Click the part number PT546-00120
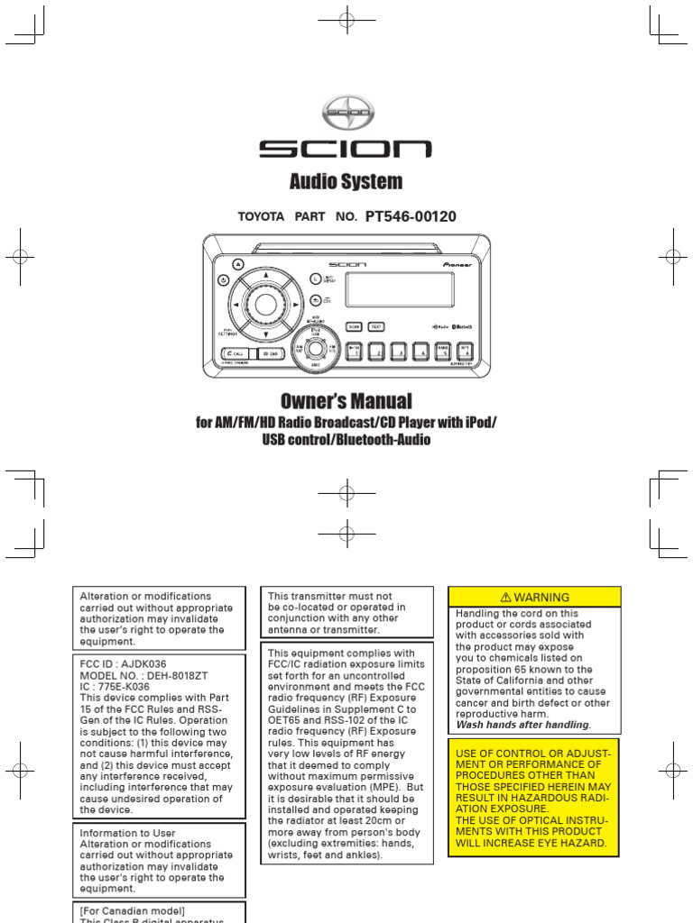411,216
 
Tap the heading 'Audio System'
346,181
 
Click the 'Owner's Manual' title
346,401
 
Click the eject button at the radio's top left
237,264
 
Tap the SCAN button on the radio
356,326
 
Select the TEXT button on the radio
376,326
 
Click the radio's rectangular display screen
400,290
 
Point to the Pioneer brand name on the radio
458,265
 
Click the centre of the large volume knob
265,304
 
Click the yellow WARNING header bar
535,597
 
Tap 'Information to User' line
128,834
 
